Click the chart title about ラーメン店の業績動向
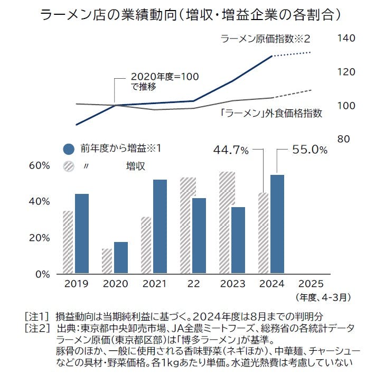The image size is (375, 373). pos(187,14)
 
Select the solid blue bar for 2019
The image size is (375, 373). pos(82,234)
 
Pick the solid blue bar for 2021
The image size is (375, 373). pos(160,227)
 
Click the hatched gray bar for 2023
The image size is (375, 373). pos(227,222)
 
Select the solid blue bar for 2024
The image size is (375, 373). pos(277,224)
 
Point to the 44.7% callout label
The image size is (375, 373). pos(230,151)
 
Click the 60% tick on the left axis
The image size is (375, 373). pos(40,165)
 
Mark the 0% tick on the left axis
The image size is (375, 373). pos(43,274)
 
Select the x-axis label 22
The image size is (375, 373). pos(193,284)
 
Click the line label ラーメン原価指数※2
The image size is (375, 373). pos(265,39)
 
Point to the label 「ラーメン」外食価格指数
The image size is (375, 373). pos(271,113)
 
